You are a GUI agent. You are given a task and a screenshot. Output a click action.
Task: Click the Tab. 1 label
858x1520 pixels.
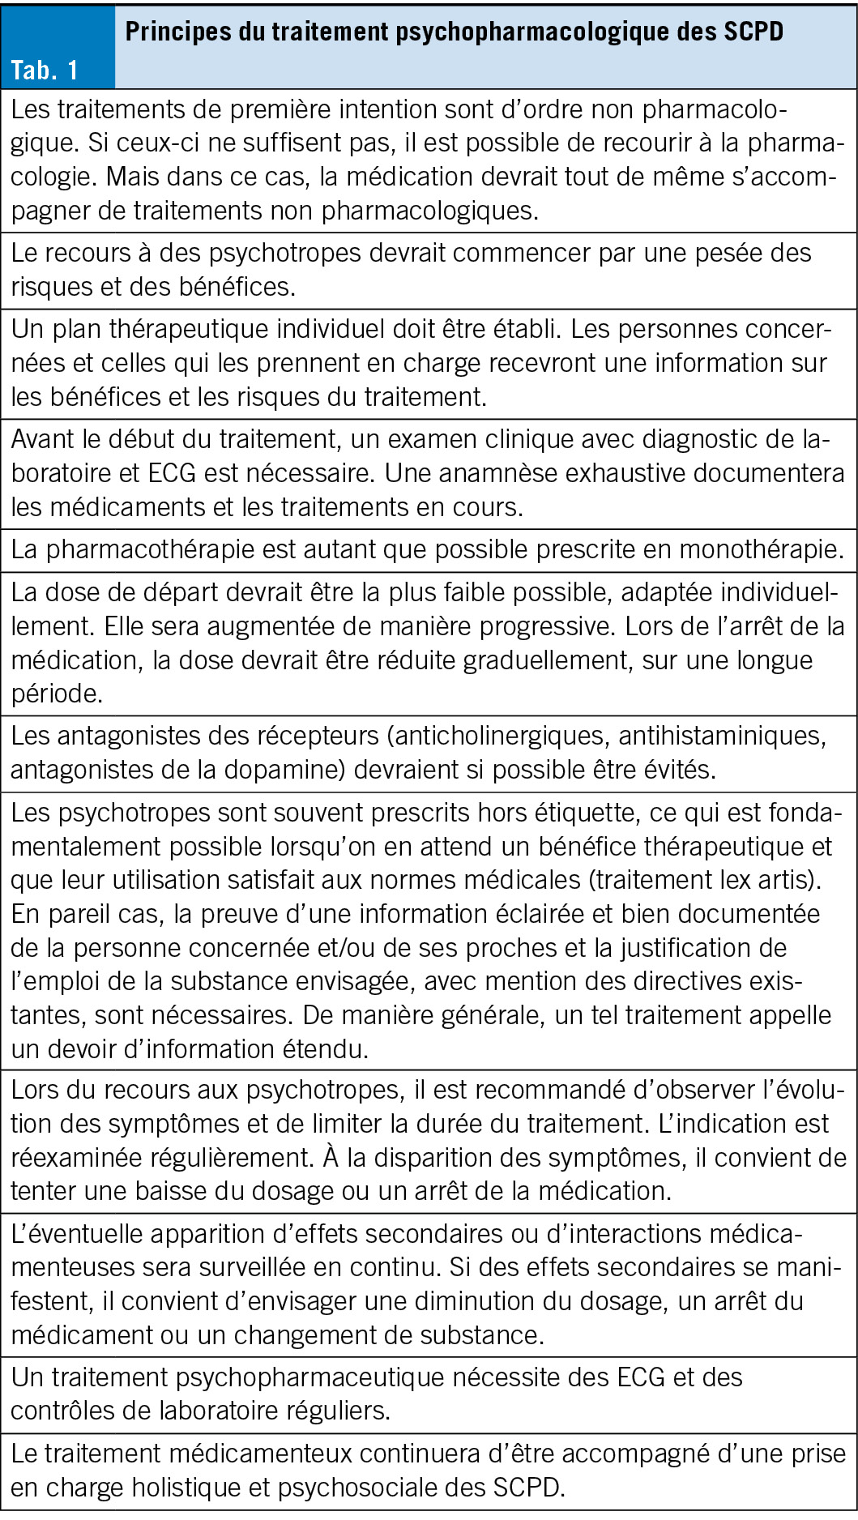click(x=45, y=70)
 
